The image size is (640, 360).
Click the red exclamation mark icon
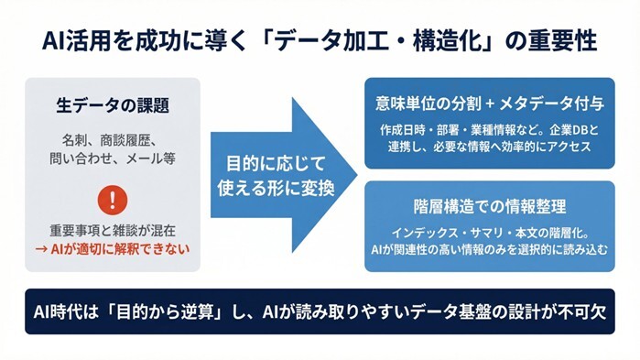(113, 198)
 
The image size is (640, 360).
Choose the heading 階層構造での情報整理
(489, 204)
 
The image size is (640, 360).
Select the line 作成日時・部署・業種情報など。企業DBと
(489, 127)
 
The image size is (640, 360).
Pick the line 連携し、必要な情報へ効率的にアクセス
(489, 145)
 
